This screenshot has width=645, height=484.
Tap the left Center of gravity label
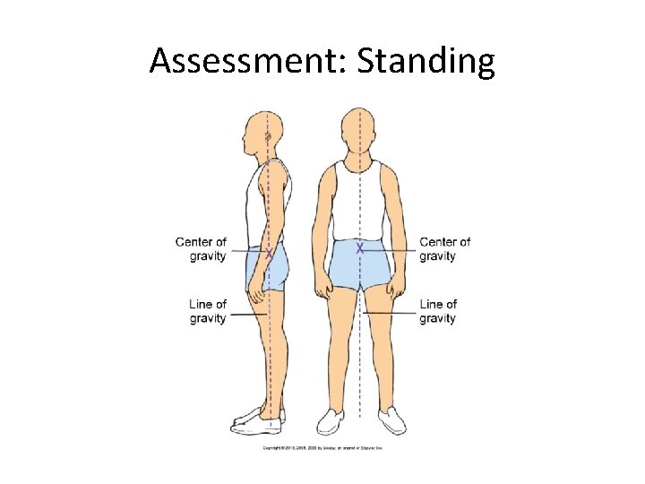click(x=202, y=249)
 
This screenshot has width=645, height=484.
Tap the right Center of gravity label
click(x=444, y=249)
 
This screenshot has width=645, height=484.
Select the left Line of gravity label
click(x=208, y=311)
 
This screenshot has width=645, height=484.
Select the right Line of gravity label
click(x=438, y=311)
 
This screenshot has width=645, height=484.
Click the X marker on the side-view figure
click(x=267, y=255)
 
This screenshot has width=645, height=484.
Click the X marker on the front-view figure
click(x=359, y=247)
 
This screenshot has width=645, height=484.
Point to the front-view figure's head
click(x=359, y=133)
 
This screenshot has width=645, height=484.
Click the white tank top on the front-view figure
click(x=359, y=202)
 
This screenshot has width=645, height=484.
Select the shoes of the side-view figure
click(x=258, y=417)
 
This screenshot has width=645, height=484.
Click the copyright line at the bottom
click(x=322, y=447)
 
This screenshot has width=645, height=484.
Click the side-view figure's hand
click(x=256, y=291)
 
